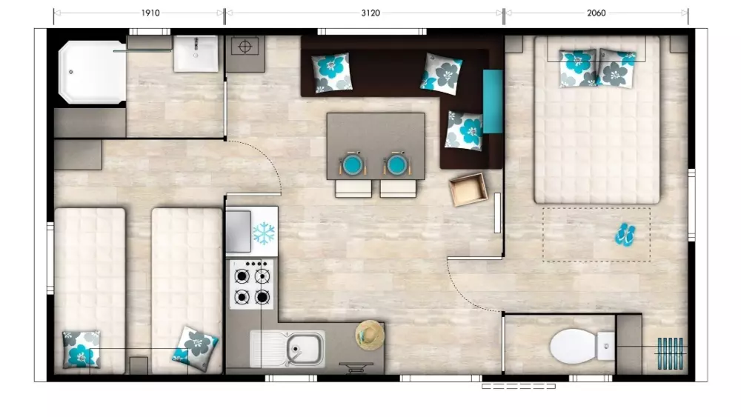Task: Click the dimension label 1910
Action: click(150, 13)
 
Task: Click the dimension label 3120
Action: click(370, 13)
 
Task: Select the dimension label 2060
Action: click(597, 13)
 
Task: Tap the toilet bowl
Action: click(574, 347)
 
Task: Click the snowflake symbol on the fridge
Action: click(265, 233)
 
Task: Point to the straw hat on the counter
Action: click(370, 335)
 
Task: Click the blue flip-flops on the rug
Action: click(625, 235)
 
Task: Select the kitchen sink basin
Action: click(305, 349)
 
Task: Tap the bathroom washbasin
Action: click(196, 54)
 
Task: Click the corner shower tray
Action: click(92, 72)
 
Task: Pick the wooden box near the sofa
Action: click(468, 190)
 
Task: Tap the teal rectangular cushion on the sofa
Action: click(493, 101)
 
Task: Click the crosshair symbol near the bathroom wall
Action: click(245, 47)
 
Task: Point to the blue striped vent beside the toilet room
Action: click(671, 353)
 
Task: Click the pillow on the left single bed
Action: click(82, 349)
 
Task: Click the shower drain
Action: click(71, 73)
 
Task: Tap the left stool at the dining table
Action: click(353, 188)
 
